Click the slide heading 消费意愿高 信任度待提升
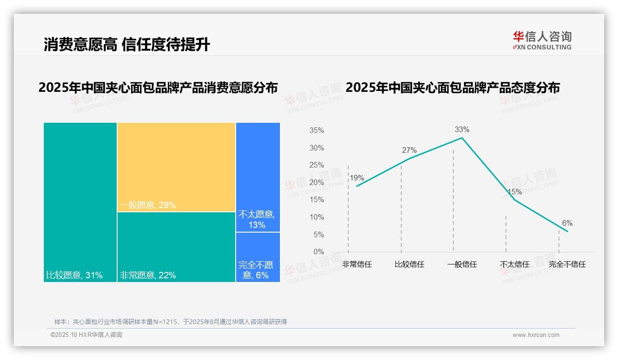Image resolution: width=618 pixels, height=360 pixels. click(127, 44)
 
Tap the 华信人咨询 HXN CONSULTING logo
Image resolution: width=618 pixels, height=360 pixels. click(542, 41)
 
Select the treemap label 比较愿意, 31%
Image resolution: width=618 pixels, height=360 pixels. click(74, 276)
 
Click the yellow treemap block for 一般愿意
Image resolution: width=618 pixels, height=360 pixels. click(176, 167)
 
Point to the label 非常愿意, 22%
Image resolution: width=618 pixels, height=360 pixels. click(148, 276)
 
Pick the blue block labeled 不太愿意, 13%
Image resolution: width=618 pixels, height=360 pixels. click(258, 220)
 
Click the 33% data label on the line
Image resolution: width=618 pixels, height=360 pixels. click(463, 129)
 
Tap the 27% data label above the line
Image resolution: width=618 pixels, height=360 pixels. click(409, 150)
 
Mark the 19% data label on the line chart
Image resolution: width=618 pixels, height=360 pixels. click(357, 178)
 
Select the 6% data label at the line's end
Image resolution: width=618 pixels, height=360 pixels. click(567, 223)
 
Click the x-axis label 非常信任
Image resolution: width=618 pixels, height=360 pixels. click(357, 264)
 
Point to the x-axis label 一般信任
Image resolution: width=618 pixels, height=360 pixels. click(462, 264)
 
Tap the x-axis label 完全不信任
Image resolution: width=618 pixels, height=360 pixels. click(567, 264)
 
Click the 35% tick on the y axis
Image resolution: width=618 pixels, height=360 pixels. click(316, 131)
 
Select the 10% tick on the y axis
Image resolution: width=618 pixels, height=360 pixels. click(316, 217)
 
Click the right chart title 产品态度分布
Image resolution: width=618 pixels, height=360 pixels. click(452, 88)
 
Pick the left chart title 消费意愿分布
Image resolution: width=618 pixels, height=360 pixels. click(158, 88)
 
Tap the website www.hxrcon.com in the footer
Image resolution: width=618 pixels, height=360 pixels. click(536, 335)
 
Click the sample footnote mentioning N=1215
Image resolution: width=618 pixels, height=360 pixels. click(171, 322)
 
